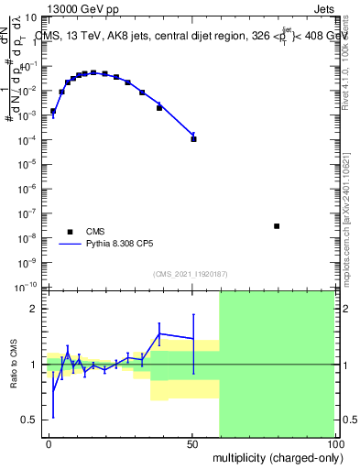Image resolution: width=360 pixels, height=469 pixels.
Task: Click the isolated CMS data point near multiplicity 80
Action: point(277,226)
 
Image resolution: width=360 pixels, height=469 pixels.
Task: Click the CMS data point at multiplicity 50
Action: point(193,139)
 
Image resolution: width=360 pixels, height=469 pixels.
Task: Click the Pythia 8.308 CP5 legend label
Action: point(118,245)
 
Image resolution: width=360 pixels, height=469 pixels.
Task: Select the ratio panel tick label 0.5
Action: point(29,420)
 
